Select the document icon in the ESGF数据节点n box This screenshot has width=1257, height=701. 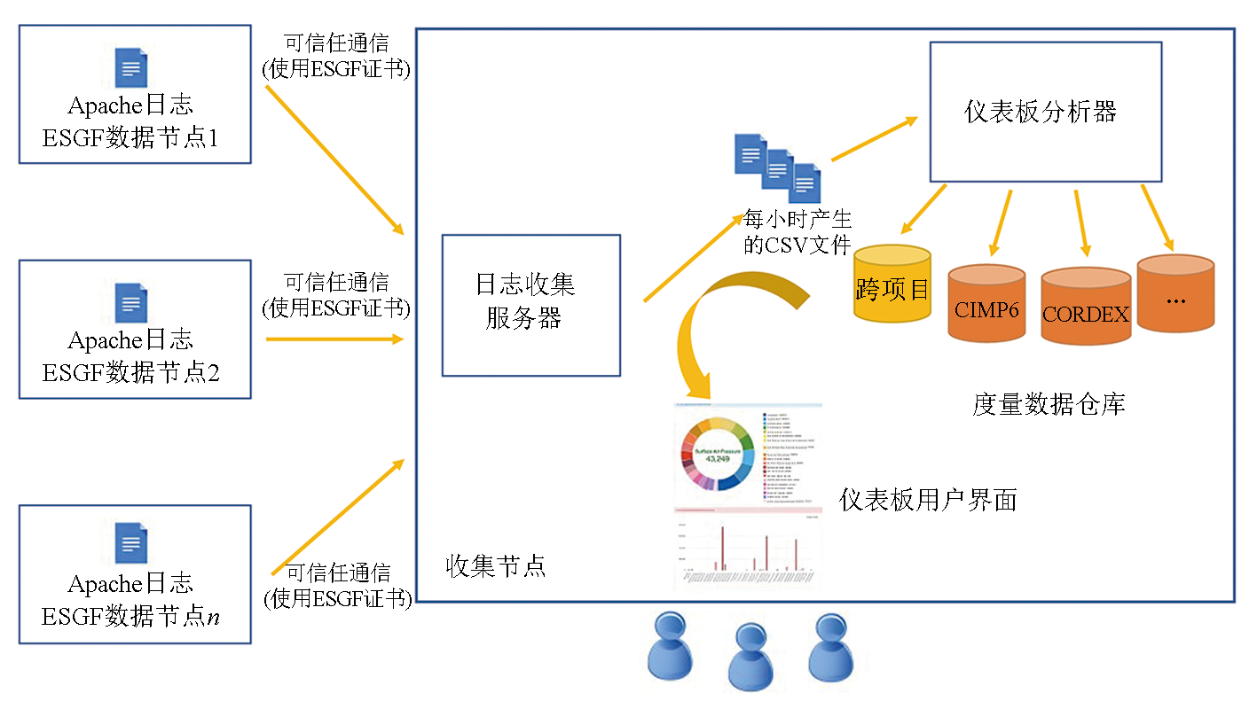pos(131,543)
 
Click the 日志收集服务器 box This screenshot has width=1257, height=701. pos(530,305)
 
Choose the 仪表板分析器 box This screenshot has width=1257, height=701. pos(1044,112)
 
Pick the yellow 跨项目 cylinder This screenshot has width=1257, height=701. pos(892,283)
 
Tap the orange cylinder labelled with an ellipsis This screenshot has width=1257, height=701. pos(1175,293)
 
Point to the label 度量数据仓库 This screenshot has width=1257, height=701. pos(1049,405)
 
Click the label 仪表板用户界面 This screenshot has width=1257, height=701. pos(928,500)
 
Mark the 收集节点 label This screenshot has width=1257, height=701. pos(495,566)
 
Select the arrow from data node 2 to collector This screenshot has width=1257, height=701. pos(334,339)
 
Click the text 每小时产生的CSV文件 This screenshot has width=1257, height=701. pos(797,233)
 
